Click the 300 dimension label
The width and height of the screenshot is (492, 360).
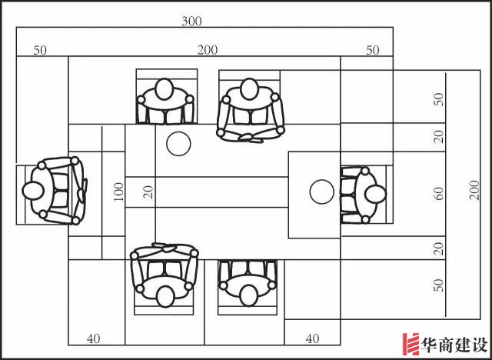point(191,22)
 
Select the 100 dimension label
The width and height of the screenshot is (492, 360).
point(118,192)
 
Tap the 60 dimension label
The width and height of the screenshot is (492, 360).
point(439,193)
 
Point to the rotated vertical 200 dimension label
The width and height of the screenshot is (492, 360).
point(475,190)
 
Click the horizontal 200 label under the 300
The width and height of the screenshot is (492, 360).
point(208,50)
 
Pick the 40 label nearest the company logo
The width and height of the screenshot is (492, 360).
point(312,338)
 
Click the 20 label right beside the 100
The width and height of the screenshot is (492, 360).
point(148,192)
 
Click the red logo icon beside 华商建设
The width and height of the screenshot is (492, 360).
point(411,344)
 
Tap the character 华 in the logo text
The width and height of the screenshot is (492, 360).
point(430,345)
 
